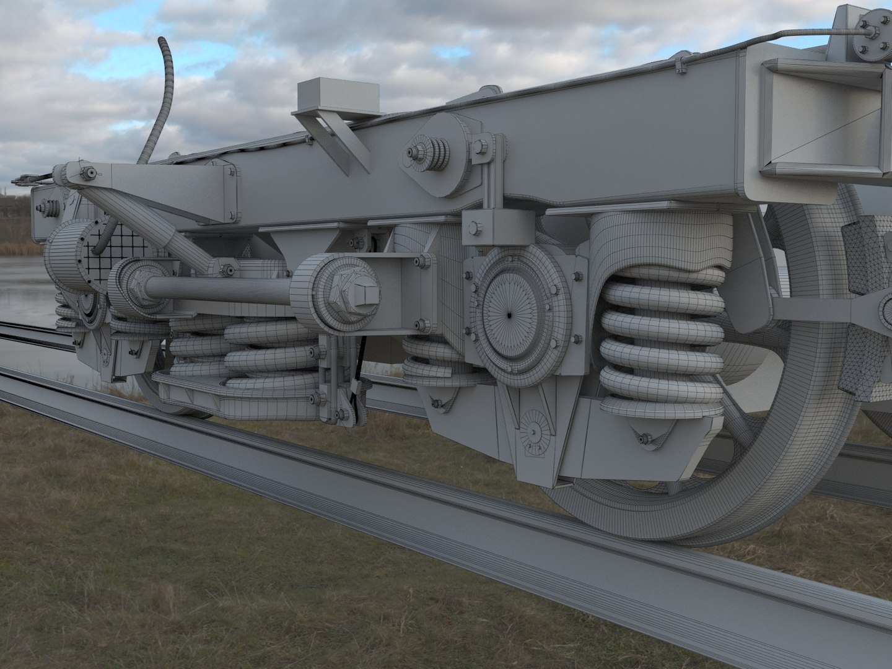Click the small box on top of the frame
click(x=338, y=96)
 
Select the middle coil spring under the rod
click(x=273, y=356)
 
